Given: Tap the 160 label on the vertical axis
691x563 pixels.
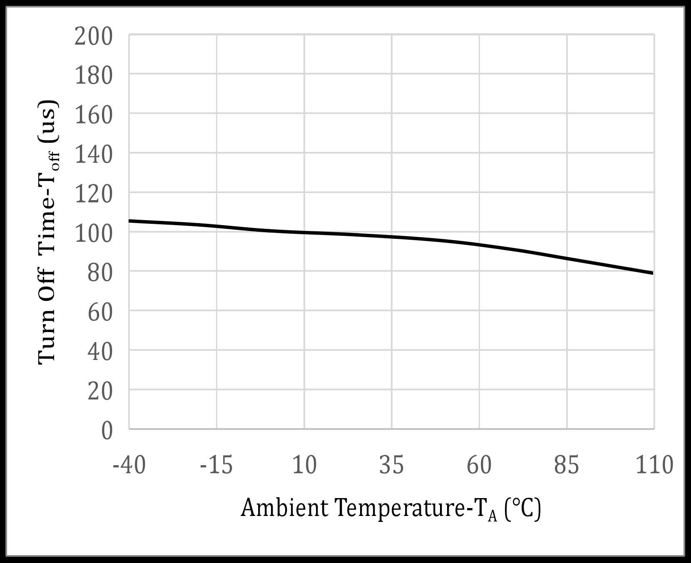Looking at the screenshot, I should [94, 116].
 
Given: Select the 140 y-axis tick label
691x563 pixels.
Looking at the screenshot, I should [94, 155].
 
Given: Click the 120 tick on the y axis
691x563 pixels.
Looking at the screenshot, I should [94, 195].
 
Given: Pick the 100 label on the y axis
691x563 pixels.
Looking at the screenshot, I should [94, 234].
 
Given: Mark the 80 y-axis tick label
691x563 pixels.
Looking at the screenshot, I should [100, 274].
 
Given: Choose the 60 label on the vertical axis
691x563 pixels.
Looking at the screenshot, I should [100, 313].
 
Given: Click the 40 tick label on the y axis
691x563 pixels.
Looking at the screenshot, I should [100, 352].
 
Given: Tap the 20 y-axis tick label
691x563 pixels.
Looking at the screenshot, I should [100, 392].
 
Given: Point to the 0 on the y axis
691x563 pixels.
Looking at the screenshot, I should [107, 432].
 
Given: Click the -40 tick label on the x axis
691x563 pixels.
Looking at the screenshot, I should [129, 465].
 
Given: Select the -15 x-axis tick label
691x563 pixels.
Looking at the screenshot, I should [216, 465].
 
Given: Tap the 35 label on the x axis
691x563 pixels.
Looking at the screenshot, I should [392, 465].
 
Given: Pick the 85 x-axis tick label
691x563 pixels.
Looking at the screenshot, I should [567, 465].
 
